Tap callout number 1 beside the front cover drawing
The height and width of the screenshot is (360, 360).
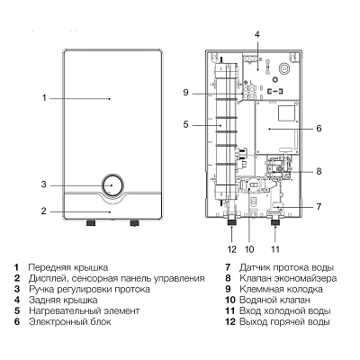[x=42, y=96]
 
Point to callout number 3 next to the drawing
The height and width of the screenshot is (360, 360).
[x=42, y=184]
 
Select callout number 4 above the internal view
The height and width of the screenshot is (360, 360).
[x=256, y=34]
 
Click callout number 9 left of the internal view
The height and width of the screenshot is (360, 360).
[x=184, y=93]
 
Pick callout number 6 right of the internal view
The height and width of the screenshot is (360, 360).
[x=319, y=128]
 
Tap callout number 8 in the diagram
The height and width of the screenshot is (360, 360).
[x=319, y=170]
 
